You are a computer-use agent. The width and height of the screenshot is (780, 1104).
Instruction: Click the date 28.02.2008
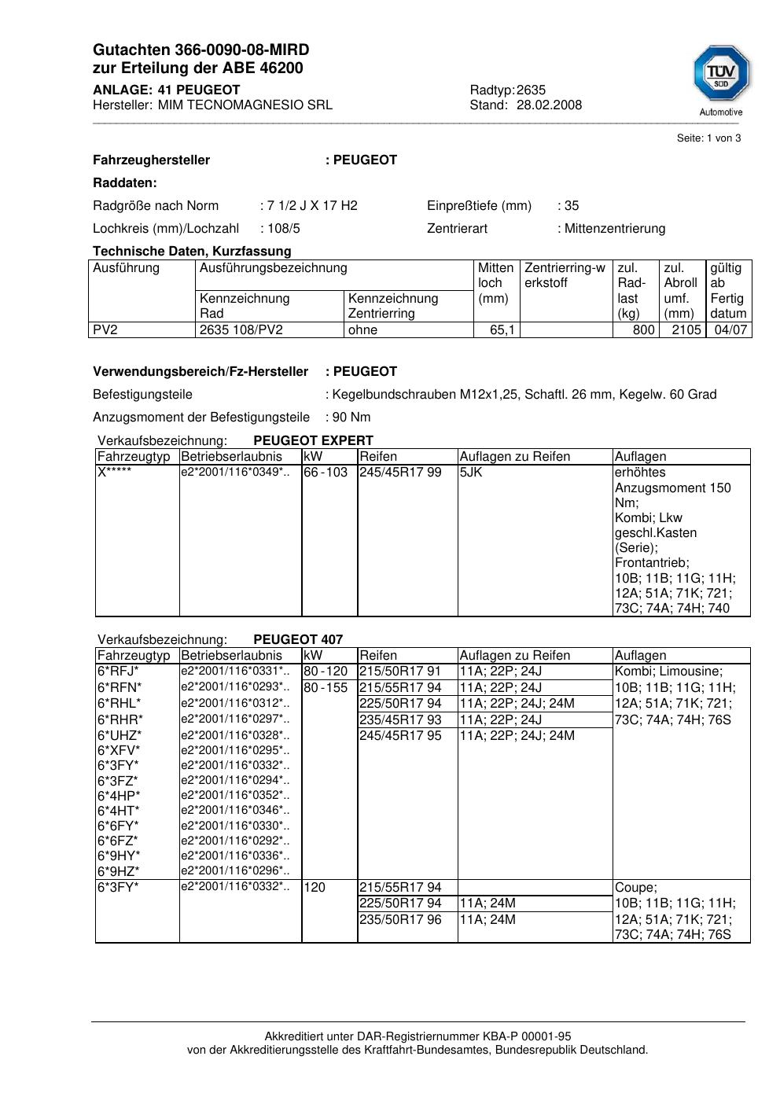[x=549, y=105]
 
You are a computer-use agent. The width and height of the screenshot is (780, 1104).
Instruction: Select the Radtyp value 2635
[x=531, y=90]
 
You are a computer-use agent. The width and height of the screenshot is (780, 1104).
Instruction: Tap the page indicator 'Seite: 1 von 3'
[x=708, y=138]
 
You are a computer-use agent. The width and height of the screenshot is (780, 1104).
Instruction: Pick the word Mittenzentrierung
[x=615, y=229]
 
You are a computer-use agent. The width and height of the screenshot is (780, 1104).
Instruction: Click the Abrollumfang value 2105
[x=686, y=330]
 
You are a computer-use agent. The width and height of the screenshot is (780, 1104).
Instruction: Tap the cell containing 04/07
[x=730, y=330]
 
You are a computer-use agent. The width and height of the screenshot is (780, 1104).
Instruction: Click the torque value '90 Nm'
[x=351, y=418]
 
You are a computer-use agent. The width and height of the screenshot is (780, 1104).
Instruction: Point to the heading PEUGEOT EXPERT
[x=313, y=441]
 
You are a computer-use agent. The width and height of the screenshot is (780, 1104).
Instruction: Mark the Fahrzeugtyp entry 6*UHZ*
[x=120, y=736]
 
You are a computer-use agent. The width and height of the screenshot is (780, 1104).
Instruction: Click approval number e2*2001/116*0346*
[x=234, y=811]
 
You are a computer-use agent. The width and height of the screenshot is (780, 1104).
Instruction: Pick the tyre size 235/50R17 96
[x=400, y=920]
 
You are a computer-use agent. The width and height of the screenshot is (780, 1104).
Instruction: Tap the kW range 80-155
[x=326, y=688]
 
